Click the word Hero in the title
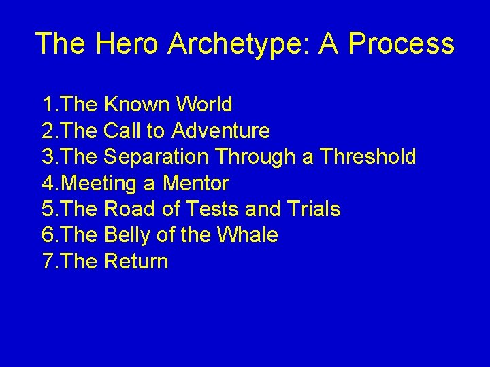(x=127, y=43)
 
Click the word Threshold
(x=367, y=157)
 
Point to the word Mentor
(x=195, y=183)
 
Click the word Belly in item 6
(x=127, y=235)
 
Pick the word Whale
(x=247, y=235)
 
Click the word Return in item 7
(x=136, y=262)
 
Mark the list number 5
(x=48, y=209)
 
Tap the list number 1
(x=48, y=105)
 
